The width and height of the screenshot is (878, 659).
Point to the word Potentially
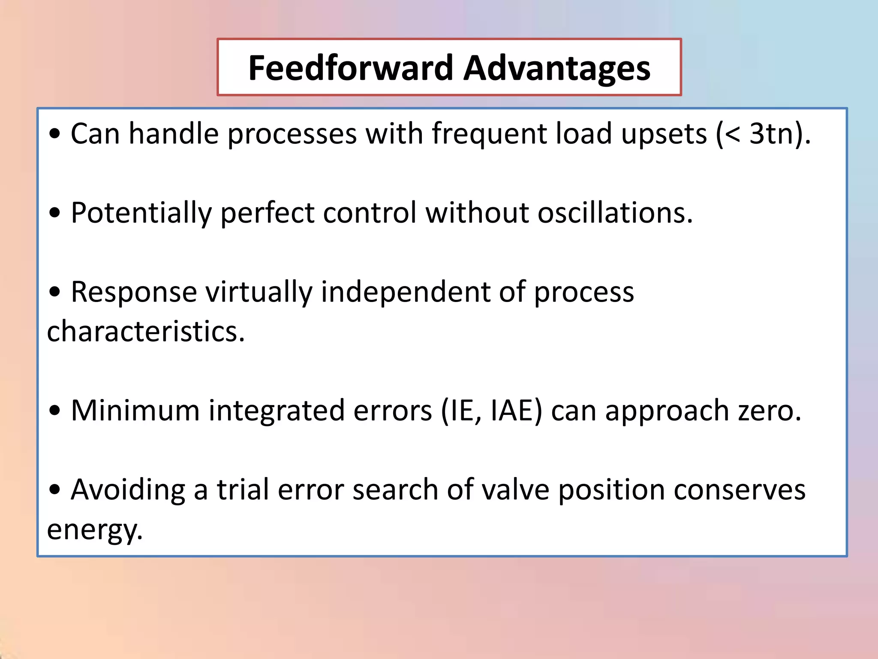[x=141, y=213]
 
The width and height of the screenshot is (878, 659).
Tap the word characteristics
[x=145, y=332]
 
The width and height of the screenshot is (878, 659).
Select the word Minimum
[x=135, y=411]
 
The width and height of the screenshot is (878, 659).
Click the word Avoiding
[x=128, y=490]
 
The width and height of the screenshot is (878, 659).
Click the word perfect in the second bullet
[x=267, y=213]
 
